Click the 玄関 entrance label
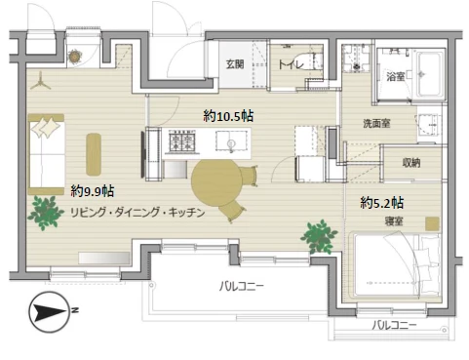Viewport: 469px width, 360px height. pyautogui.click(x=236, y=64)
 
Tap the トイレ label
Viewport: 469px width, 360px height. pyautogui.click(x=290, y=64)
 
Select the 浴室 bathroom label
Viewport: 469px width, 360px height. pyautogui.click(x=395, y=75)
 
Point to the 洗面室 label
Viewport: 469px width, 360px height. pyautogui.click(x=377, y=124)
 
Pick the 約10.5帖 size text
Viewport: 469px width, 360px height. pyautogui.click(x=226, y=115)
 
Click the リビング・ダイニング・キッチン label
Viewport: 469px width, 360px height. pyautogui.click(x=137, y=213)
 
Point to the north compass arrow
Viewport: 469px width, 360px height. pyautogui.click(x=48, y=314)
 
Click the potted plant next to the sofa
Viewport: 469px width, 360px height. pyautogui.click(x=45, y=210)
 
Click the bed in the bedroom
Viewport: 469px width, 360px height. pyautogui.click(x=398, y=263)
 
